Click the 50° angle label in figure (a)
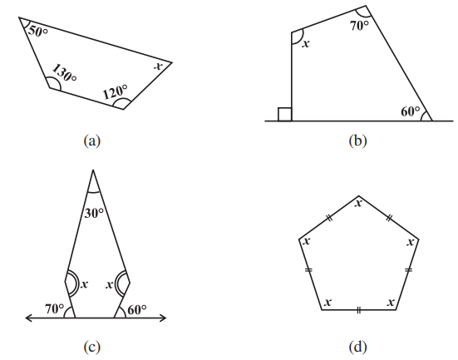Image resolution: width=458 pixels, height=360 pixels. (37, 31)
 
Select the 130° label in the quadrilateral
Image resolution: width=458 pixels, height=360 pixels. (65, 73)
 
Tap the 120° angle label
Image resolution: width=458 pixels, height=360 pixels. (116, 92)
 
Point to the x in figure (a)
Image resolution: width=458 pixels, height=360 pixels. (158, 67)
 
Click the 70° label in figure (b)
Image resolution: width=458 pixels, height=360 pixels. (360, 26)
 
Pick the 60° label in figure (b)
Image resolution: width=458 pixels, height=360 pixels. (411, 111)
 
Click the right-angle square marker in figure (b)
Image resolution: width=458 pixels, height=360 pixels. (285, 114)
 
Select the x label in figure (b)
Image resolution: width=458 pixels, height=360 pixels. (306, 44)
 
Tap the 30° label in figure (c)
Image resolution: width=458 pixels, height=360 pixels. (94, 213)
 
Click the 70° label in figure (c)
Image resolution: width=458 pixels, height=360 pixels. (54, 308)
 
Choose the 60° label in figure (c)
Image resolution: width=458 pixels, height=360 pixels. (137, 310)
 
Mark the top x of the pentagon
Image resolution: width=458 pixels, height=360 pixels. (359, 203)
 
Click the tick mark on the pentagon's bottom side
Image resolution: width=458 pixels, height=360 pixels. (359, 310)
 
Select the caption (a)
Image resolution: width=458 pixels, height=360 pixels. (92, 141)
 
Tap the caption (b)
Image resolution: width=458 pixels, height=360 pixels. (357, 141)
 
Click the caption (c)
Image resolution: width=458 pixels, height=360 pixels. (92, 347)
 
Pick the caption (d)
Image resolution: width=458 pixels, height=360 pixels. (357, 347)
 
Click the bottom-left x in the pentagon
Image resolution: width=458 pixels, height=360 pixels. (328, 302)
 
